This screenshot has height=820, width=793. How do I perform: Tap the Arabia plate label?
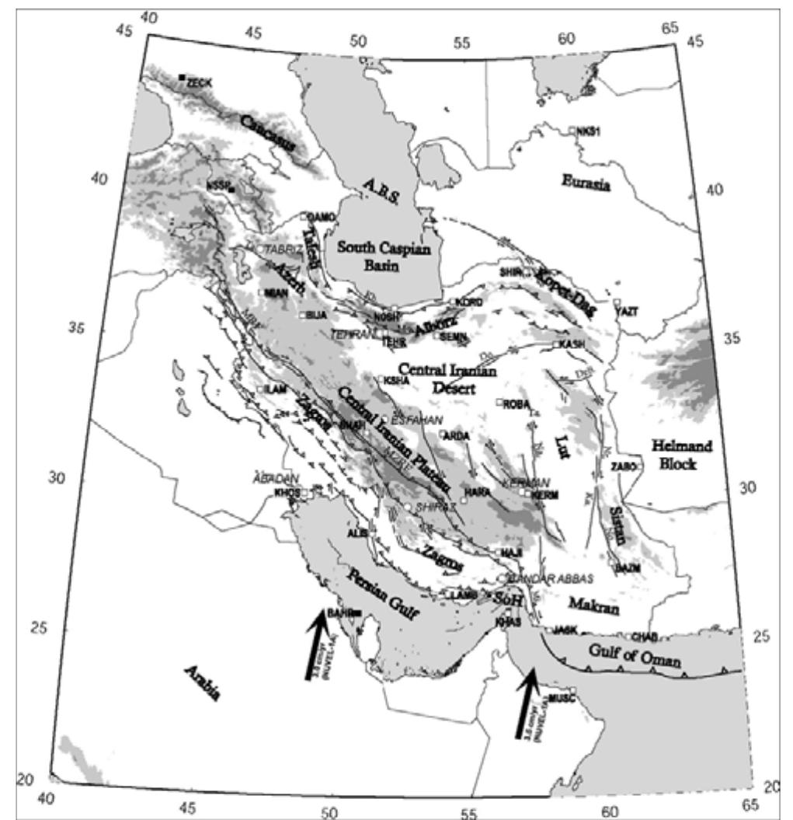tap(202, 683)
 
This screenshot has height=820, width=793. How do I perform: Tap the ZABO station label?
tap(624, 466)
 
